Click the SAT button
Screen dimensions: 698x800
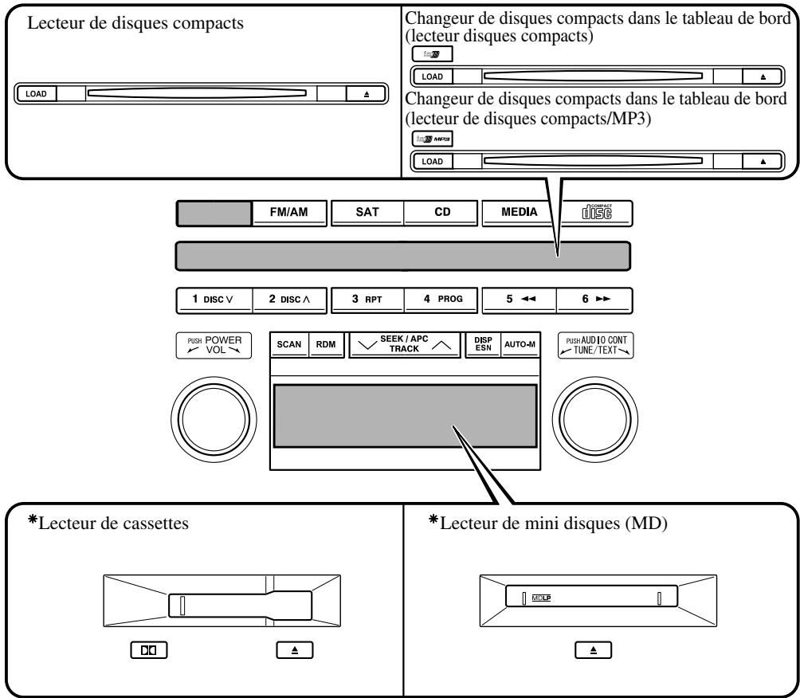pyautogui.click(x=366, y=212)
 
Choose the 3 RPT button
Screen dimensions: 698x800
pyautogui.click(x=366, y=300)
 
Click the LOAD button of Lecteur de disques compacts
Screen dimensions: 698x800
pyautogui.click(x=36, y=93)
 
